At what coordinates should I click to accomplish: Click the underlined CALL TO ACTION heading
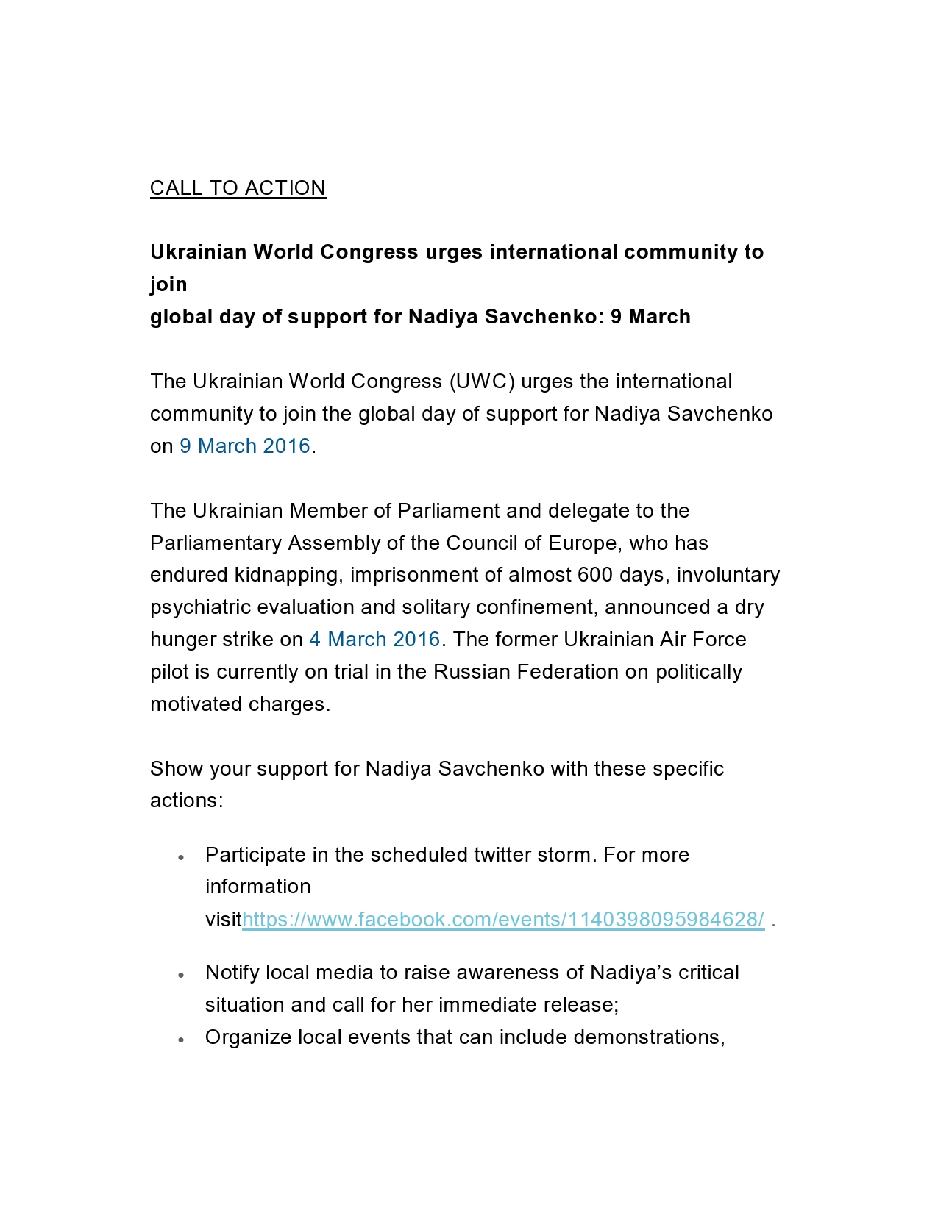click(x=238, y=188)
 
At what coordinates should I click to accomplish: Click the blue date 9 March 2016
click(x=245, y=446)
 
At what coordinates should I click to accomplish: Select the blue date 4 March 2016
click(x=374, y=640)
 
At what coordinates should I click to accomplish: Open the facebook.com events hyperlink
click(x=503, y=920)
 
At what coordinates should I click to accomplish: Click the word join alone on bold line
click(x=168, y=285)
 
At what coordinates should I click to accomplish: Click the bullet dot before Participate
click(x=181, y=857)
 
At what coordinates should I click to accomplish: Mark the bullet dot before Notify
click(x=181, y=975)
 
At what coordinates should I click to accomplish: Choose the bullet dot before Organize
click(x=181, y=1040)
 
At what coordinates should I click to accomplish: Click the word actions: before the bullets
click(x=186, y=801)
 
